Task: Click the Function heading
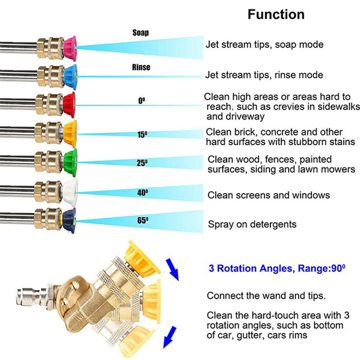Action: (276, 14)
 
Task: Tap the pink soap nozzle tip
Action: (70, 45)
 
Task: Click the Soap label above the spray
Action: (140, 33)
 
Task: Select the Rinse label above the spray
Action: (141, 67)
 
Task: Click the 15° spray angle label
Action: (142, 134)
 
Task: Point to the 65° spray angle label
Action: (143, 220)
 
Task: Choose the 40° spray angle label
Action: (142, 192)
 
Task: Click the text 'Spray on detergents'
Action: (252, 224)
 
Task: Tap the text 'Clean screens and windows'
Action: (269, 195)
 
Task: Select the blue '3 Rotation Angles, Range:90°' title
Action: (276, 269)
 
